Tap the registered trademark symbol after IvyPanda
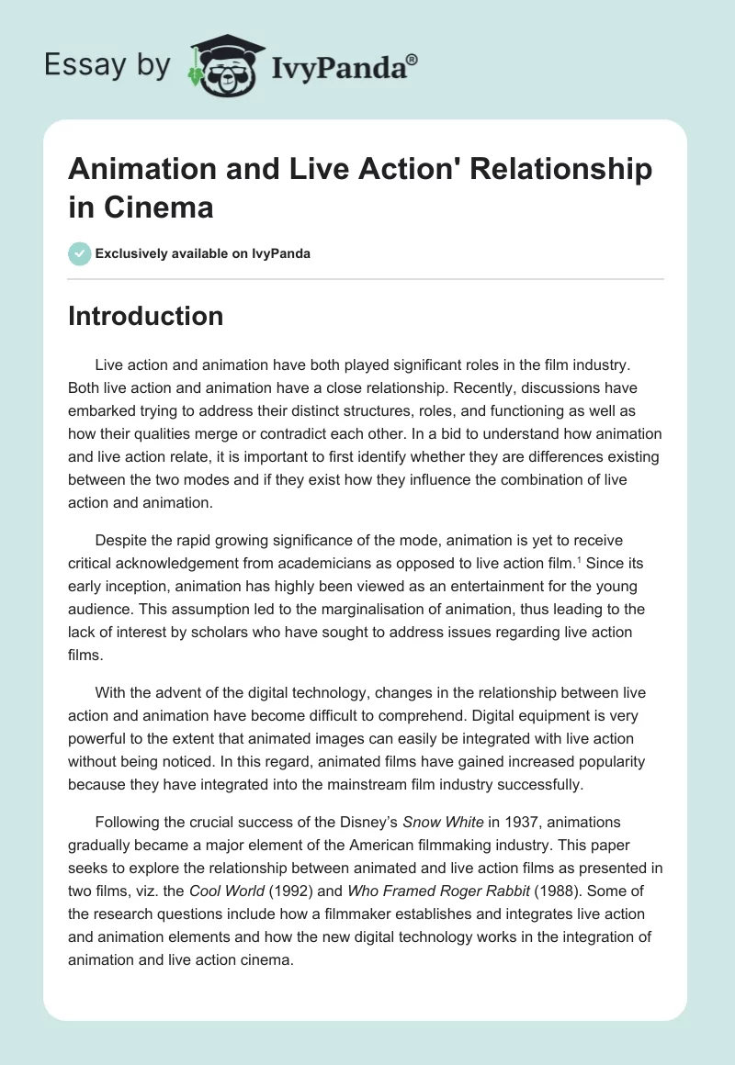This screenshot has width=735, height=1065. click(x=413, y=60)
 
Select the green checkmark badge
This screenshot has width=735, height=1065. click(x=80, y=254)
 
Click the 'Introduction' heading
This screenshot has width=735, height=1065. click(x=146, y=316)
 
